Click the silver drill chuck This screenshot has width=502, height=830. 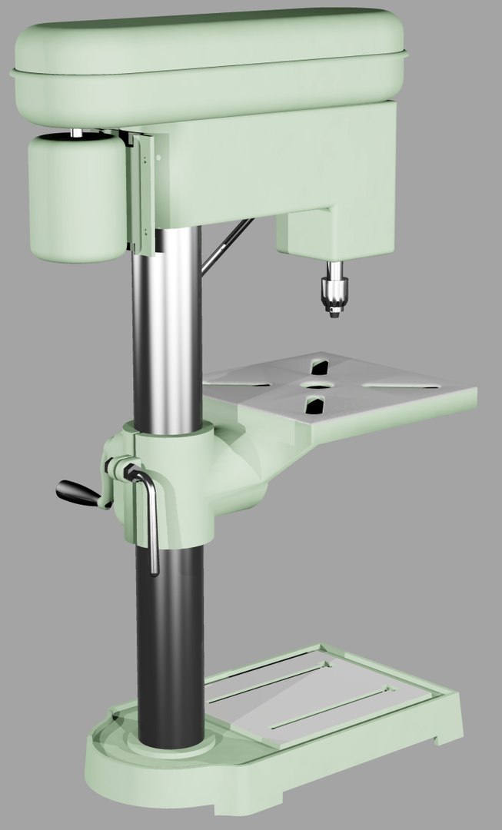(x=333, y=290)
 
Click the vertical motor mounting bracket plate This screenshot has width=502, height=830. (x=144, y=192)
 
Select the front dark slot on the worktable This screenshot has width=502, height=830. (x=314, y=405)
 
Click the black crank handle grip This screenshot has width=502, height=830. (x=77, y=492)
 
